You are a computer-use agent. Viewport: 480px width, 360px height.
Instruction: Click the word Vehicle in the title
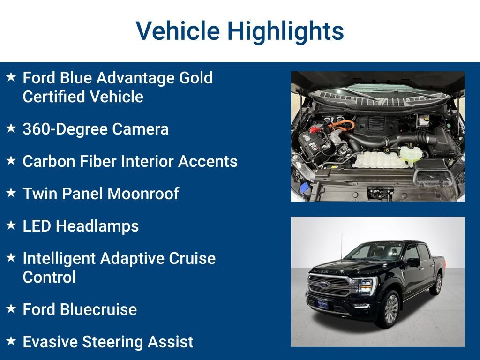pos(178,31)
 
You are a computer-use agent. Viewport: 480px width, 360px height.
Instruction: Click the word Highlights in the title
pos(285,31)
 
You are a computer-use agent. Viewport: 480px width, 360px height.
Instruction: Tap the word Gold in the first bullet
pos(193,77)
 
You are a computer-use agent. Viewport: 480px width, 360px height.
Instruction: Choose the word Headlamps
pos(97,226)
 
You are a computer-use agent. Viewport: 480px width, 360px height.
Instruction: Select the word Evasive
pos(50,342)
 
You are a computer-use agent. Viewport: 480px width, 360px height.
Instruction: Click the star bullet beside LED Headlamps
pos(11,225)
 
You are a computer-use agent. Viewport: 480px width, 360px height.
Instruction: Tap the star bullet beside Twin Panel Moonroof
pos(11,193)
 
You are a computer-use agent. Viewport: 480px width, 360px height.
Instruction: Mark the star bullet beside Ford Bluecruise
pos(11,309)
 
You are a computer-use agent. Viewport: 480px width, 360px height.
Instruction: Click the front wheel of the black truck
pos(390,309)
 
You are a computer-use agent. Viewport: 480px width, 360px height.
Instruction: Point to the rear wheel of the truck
pos(438,284)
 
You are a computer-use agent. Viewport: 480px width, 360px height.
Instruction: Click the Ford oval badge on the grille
pos(325,285)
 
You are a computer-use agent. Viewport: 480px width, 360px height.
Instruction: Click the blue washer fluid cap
pos(304,187)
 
